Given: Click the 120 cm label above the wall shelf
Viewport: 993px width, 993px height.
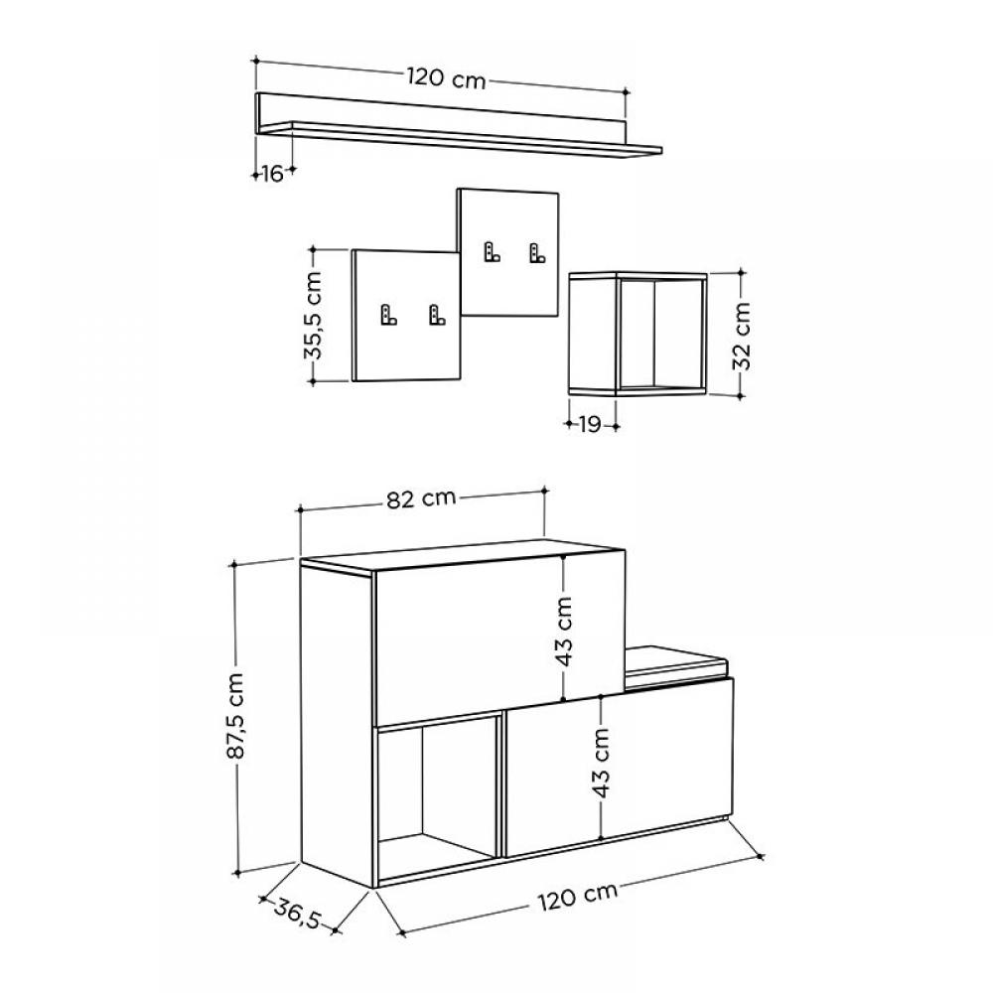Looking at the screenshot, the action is [x=447, y=78].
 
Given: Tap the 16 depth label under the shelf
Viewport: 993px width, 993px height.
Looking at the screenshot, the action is [x=272, y=173].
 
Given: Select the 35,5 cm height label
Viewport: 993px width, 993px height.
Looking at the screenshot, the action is [x=314, y=316].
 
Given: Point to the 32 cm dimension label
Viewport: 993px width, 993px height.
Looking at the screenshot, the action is [x=741, y=336].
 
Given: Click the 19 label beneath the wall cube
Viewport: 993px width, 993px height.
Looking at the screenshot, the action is [x=590, y=424].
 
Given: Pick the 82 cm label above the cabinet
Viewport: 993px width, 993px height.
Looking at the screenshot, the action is [x=421, y=498].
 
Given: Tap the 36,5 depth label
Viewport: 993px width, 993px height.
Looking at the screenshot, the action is [x=298, y=912].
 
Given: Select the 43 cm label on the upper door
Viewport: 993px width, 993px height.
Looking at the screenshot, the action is [x=563, y=632].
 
